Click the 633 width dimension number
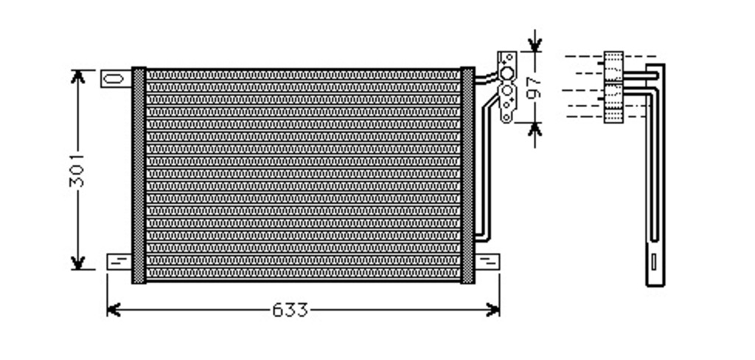289,310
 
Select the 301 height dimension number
77,170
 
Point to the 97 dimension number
534,87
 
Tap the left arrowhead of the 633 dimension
113,309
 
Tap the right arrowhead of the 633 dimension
493,309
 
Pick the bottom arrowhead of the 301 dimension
77,263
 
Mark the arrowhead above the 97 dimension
535,44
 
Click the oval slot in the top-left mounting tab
114,78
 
